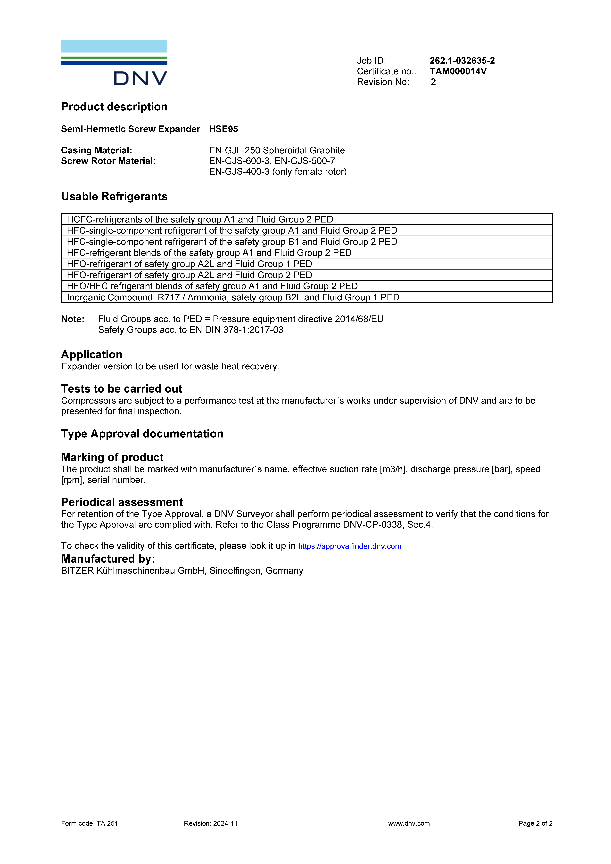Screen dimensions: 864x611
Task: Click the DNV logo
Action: [114, 62]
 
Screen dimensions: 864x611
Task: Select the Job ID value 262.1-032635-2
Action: [462, 61]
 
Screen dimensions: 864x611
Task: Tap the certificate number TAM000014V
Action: [458, 71]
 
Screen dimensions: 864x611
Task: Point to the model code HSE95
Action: [223, 129]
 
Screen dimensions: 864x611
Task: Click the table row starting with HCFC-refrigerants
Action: [200, 219]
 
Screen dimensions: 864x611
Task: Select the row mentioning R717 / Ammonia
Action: [233, 297]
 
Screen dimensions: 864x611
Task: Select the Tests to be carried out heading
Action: [122, 389]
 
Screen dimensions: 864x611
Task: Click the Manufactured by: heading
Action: [108, 559]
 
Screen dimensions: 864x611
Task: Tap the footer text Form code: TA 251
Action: [90, 823]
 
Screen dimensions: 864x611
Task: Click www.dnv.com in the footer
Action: [409, 823]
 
